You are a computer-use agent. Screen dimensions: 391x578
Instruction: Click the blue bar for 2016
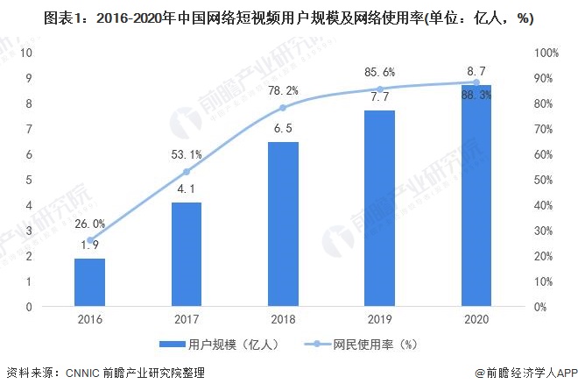point(89,282)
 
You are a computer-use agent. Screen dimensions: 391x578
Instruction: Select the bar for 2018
point(283,224)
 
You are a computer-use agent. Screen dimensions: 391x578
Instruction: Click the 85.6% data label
point(380,72)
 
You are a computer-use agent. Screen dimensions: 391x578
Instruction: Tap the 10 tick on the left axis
point(26,53)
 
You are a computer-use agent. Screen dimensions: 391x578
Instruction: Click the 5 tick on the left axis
point(30,180)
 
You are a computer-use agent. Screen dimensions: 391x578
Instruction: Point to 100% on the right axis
point(546,53)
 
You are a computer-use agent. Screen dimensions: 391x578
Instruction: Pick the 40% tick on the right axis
point(544,205)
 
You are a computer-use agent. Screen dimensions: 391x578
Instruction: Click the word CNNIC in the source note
point(85,373)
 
